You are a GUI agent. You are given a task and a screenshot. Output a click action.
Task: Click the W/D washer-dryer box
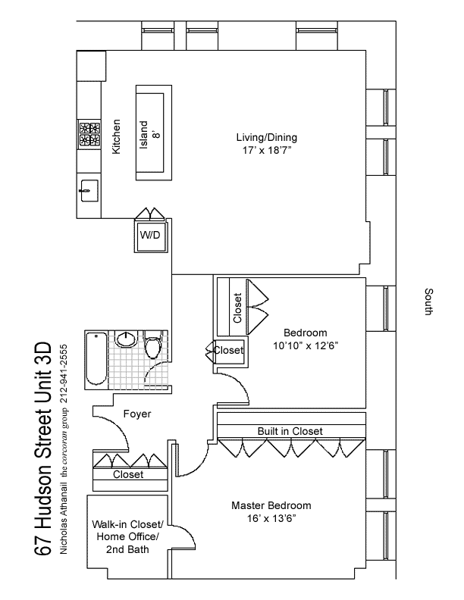150,236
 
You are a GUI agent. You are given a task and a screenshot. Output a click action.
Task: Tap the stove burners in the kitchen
89,134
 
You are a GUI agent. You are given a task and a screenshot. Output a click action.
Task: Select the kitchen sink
89,191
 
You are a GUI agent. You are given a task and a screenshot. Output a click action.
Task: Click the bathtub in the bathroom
96,359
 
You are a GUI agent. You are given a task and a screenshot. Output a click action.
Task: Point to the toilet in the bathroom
152,347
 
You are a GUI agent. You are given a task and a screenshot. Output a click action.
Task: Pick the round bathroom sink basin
126,339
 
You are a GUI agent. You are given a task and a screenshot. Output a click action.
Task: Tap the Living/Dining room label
266,137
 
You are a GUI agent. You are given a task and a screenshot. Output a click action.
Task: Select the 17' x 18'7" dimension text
267,151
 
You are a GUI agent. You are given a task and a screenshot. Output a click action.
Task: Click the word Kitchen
117,136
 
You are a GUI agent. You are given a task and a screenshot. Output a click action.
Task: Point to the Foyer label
137,414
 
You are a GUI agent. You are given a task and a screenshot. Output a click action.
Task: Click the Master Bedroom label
271,505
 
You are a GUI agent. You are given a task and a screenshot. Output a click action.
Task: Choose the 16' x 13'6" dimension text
271,518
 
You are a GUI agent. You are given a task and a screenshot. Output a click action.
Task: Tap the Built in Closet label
290,431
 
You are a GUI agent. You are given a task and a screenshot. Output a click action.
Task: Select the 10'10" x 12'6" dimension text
306,346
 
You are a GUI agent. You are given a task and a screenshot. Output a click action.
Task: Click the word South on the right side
429,302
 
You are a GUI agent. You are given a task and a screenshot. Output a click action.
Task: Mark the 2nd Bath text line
127,549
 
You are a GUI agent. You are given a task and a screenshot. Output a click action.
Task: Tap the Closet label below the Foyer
128,474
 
